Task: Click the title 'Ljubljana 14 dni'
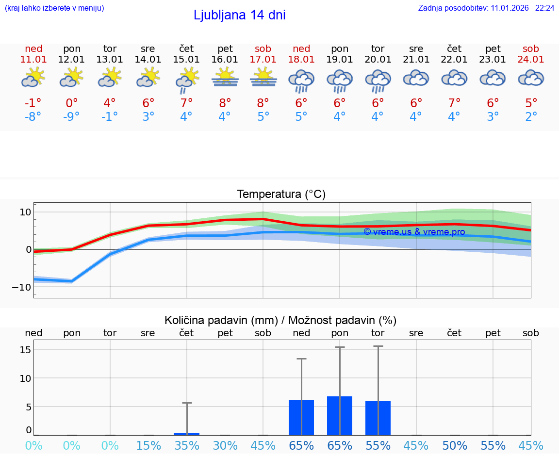click(x=239, y=15)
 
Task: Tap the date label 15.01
click(x=186, y=60)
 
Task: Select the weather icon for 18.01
click(x=301, y=81)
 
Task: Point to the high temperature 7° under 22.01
click(x=454, y=103)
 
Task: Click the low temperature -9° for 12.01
click(x=71, y=117)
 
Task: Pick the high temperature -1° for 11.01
click(x=33, y=103)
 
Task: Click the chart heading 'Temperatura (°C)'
click(x=281, y=195)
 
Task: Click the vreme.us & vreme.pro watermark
click(x=414, y=232)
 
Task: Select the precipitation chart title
click(x=280, y=320)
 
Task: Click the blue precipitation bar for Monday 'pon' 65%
click(x=340, y=416)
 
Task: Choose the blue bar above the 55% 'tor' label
click(x=378, y=418)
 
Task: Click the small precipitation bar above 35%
click(x=187, y=434)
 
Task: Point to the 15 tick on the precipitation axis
click(x=26, y=350)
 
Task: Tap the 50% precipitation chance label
click(x=454, y=445)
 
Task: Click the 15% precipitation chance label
click(x=148, y=445)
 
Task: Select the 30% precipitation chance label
click(x=225, y=445)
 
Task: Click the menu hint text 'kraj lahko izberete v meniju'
click(x=54, y=8)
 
